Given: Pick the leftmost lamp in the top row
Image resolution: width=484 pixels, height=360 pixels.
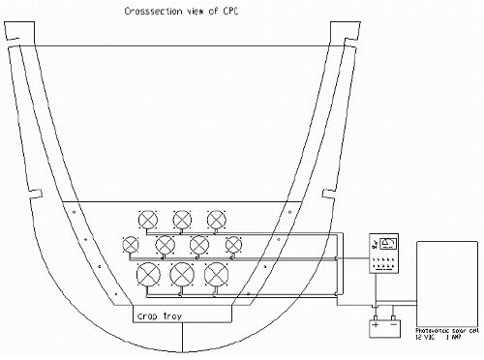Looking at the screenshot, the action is pyautogui.click(x=150, y=219).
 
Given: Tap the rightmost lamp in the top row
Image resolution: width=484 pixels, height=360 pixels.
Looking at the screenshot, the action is pyautogui.click(x=217, y=219).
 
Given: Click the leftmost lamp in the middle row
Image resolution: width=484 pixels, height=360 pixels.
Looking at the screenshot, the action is pyautogui.click(x=132, y=244).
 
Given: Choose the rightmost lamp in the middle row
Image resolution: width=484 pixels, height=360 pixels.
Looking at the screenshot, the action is pyautogui.click(x=233, y=244).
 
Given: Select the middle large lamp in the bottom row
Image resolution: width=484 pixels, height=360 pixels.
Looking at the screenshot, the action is pyautogui.click(x=183, y=274).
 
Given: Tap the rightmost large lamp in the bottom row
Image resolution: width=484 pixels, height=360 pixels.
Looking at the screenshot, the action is pyautogui.click(x=217, y=274).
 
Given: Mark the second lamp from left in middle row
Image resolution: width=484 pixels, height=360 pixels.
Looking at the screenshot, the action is pyautogui.click(x=166, y=244).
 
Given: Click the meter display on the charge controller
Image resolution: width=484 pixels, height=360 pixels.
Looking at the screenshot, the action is pyautogui.click(x=389, y=243).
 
